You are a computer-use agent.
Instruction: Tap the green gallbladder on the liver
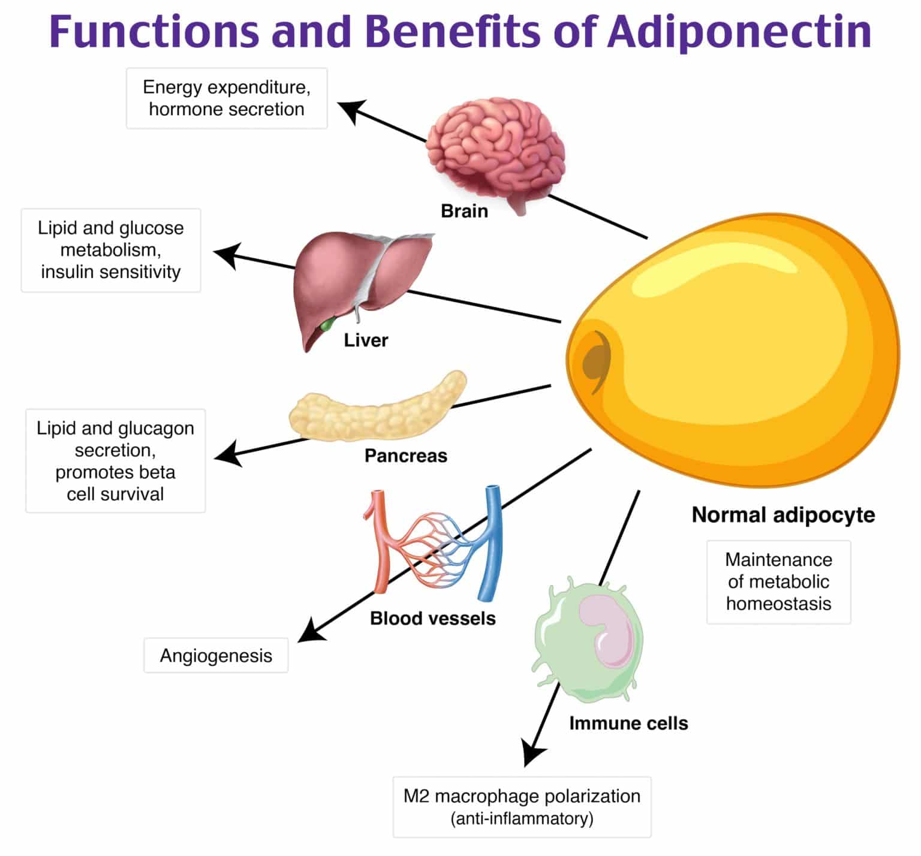click(327, 324)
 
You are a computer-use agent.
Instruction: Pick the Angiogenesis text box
click(216, 656)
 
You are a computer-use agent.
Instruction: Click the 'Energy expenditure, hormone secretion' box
click(227, 98)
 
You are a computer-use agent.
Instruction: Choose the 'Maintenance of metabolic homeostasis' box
click(778, 582)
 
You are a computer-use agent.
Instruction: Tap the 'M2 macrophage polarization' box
click(522, 807)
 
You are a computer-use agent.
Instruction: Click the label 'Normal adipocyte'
click(783, 515)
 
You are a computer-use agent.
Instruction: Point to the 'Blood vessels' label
click(432, 619)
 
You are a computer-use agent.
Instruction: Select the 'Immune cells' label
click(628, 724)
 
